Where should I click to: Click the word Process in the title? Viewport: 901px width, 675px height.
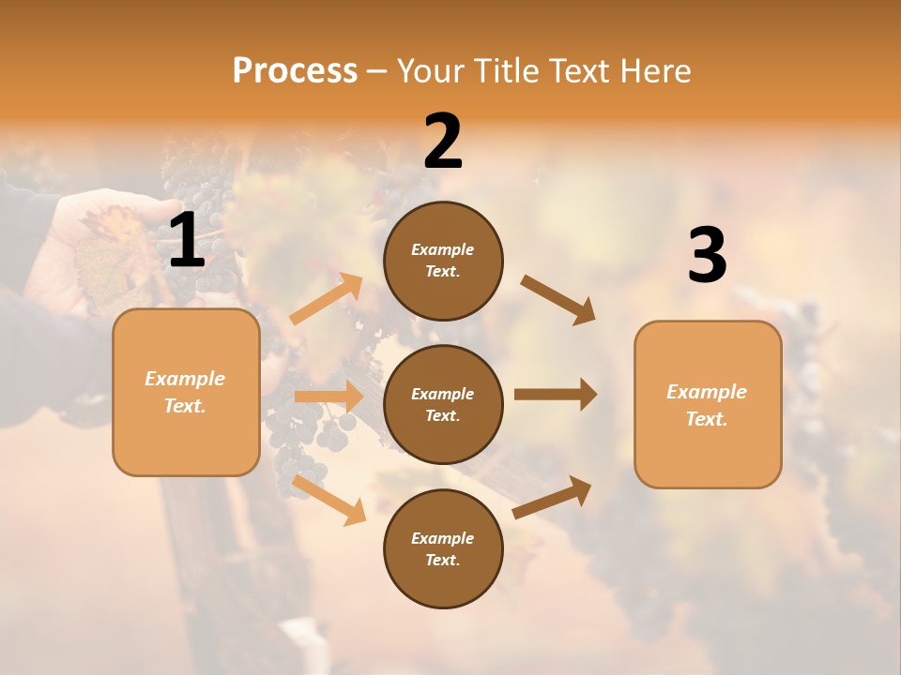pyautogui.click(x=295, y=70)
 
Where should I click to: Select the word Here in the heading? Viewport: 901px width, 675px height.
pyautogui.click(x=653, y=70)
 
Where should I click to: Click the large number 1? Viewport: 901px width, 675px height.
pyautogui.click(x=187, y=241)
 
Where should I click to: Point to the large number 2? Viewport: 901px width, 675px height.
pyautogui.click(x=443, y=142)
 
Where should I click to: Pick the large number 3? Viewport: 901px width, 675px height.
pyautogui.click(x=708, y=256)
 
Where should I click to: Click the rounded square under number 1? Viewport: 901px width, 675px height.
pyautogui.click(x=186, y=392)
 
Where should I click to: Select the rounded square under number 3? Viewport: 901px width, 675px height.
pyautogui.click(x=708, y=405)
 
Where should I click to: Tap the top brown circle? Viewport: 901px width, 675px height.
pyautogui.click(x=443, y=261)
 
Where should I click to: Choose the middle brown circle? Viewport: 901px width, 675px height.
pyautogui.click(x=443, y=404)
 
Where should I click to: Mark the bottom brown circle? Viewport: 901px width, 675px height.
pyautogui.click(x=443, y=548)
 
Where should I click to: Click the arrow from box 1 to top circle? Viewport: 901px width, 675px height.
pyautogui.click(x=326, y=299)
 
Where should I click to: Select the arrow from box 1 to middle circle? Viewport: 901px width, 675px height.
pyautogui.click(x=328, y=397)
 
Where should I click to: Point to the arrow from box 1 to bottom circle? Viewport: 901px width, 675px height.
pyautogui.click(x=328, y=500)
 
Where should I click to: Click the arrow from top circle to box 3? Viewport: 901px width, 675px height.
pyautogui.click(x=557, y=299)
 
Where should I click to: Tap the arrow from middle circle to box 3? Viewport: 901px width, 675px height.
pyautogui.click(x=556, y=395)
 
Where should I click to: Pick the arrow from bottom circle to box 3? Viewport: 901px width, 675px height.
pyautogui.click(x=553, y=497)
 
